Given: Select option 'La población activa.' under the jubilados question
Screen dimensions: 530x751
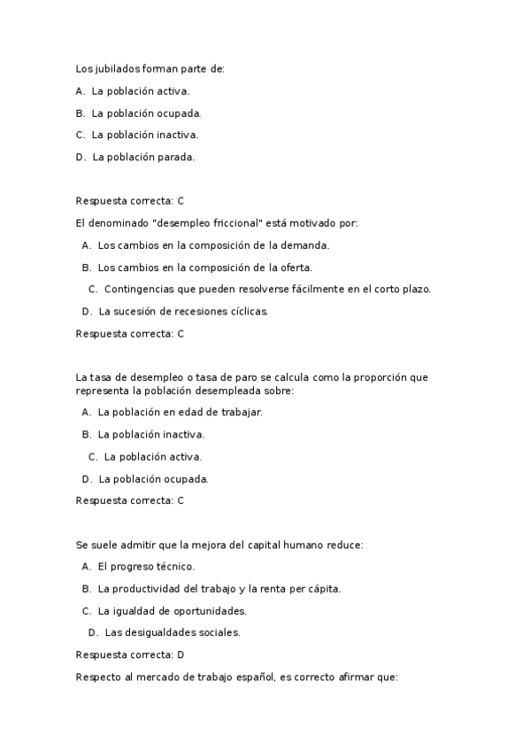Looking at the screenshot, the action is click(140, 90).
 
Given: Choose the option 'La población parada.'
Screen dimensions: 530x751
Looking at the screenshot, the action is click(142, 157).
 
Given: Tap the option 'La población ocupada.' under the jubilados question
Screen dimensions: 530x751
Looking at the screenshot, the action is click(146, 112).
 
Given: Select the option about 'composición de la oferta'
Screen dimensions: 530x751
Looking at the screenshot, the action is click(204, 267).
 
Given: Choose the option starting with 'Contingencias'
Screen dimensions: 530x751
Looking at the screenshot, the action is click(267, 290).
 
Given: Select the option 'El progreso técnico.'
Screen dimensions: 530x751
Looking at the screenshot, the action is click(146, 566).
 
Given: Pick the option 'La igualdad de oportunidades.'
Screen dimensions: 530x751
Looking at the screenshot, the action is click(172, 610).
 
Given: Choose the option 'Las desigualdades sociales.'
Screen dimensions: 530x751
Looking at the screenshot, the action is click(172, 632).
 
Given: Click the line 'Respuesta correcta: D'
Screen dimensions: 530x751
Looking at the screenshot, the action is click(130, 654).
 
